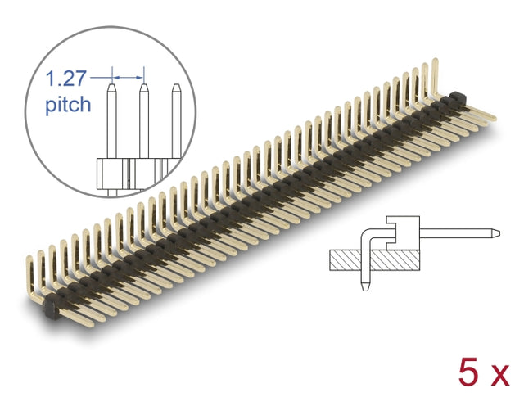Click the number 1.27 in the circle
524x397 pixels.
pyautogui.click(x=65, y=79)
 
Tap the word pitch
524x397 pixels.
pyautogui.click(x=68, y=104)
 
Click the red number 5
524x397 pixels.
pyautogui.click(x=468, y=372)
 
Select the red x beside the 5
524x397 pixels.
pyautogui.click(x=499, y=375)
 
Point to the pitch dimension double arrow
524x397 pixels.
pyautogui.click(x=128, y=78)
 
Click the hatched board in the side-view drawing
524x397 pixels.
pyautogui.click(x=375, y=260)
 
